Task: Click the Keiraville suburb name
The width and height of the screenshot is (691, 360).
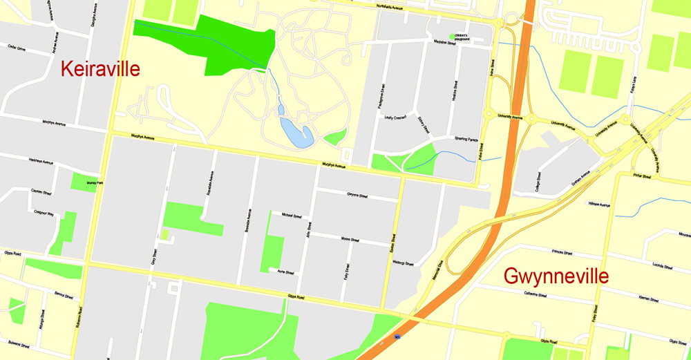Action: point(100,69)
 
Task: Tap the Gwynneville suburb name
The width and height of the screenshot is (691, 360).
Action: point(556,276)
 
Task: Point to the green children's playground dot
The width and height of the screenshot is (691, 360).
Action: point(453,36)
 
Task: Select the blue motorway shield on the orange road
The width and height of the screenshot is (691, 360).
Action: point(397,337)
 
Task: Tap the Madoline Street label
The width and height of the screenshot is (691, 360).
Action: point(445,43)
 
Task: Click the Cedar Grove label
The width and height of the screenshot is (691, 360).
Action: point(16,49)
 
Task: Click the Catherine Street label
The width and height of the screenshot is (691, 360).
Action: point(533,295)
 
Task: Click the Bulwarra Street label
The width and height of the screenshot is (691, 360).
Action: point(15,343)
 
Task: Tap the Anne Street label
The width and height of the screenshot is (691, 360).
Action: point(285,272)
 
